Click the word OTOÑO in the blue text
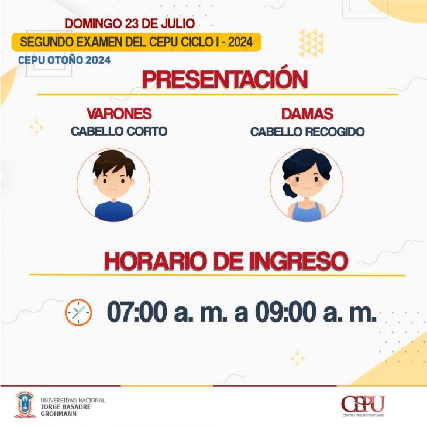[x=63, y=60]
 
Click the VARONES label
[x=119, y=114]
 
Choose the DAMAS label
[x=307, y=114]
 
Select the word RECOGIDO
[x=335, y=132]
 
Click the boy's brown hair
[x=113, y=161]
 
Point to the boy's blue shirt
[x=113, y=211]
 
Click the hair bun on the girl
[x=288, y=190]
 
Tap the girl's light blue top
[x=307, y=213]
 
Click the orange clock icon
[x=78, y=312]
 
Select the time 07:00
[x=137, y=312]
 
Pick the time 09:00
[x=285, y=312]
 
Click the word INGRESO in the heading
[x=298, y=261]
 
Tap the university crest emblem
[x=25, y=404]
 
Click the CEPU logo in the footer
[x=363, y=406]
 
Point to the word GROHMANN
[x=58, y=414]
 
